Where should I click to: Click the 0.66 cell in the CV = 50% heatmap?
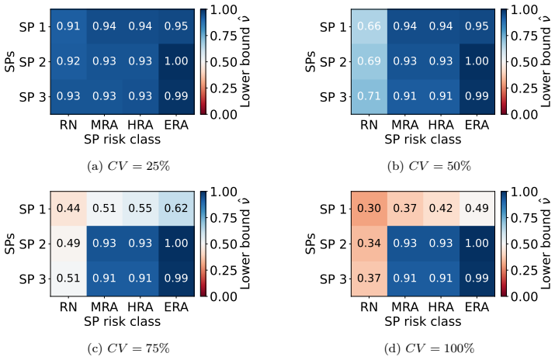369,26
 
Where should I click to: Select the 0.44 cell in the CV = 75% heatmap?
68,209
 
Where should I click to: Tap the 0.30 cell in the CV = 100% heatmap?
369,209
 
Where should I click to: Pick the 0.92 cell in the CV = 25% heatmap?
68,61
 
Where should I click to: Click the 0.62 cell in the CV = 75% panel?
176,209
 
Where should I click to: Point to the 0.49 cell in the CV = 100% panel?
477,209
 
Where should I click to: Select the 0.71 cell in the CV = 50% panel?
369,96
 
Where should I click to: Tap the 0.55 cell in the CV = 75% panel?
140,209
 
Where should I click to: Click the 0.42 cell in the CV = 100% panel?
441,209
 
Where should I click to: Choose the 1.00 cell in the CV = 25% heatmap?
176,61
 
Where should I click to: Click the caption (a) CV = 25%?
129,166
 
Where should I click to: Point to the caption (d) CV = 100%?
429,348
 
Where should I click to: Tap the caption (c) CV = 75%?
129,348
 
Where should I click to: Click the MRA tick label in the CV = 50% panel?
405,125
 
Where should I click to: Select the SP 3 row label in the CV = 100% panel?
333,279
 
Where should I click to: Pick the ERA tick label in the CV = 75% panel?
176,307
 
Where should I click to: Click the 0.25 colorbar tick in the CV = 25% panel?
223,88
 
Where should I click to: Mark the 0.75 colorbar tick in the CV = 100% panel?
524,218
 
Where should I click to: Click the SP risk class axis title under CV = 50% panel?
423,140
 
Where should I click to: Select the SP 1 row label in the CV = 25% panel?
33,27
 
